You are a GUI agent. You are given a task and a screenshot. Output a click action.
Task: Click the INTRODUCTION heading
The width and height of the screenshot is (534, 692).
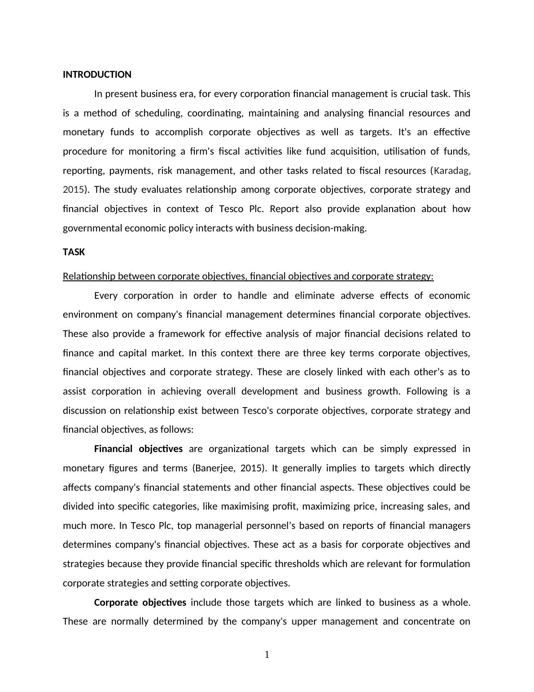click(97, 75)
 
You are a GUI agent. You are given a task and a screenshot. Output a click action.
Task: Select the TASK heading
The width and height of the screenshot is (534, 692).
click(74, 252)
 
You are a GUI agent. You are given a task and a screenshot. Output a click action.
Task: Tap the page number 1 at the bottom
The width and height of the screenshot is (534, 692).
click(267, 655)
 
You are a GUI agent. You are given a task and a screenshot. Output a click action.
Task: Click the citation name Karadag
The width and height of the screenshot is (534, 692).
click(451, 171)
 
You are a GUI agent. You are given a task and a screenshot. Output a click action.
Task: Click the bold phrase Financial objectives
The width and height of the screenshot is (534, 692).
click(138, 449)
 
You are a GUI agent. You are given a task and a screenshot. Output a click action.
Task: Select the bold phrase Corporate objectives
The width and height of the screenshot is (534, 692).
click(140, 602)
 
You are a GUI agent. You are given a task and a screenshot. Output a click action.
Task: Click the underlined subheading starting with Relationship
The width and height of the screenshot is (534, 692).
click(248, 276)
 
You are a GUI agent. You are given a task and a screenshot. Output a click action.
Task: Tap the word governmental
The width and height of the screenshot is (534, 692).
click(92, 228)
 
